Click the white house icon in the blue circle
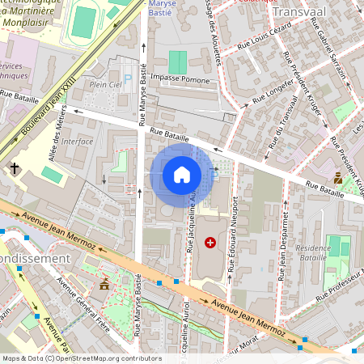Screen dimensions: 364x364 point(182,175)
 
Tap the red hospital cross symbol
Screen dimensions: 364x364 point(211,242)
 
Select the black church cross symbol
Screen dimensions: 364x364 point(14,168)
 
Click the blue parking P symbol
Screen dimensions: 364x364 point(127,80)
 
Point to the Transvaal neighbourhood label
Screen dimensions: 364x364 point(300,13)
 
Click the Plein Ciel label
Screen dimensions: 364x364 point(106,83)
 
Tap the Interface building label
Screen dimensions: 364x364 point(78,141)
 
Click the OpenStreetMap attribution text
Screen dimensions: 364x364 point(82,358)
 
